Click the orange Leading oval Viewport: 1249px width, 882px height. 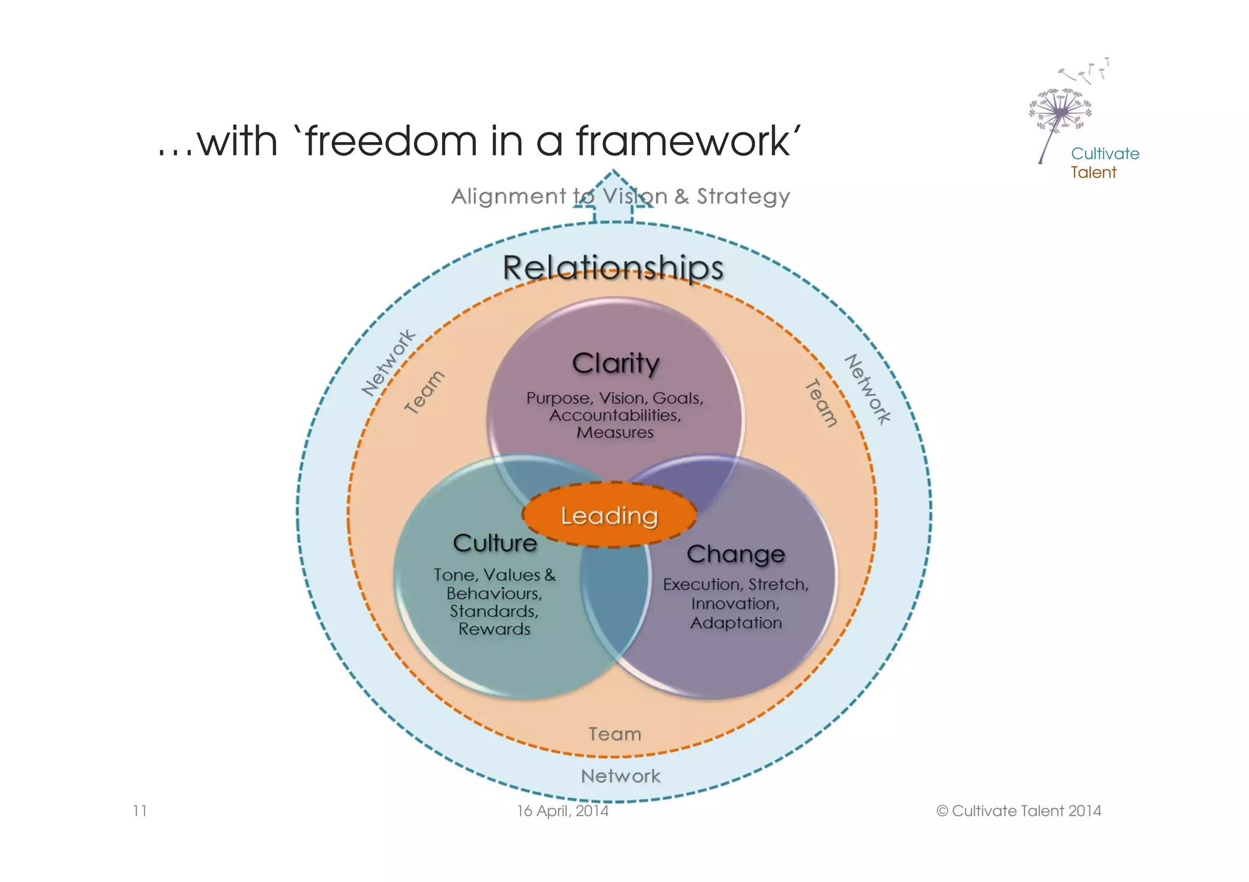pyautogui.click(x=609, y=516)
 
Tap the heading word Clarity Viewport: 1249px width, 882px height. pyautogui.click(x=615, y=364)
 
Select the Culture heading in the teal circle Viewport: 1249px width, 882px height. pyautogui.click(x=495, y=543)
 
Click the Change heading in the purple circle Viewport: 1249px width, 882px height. pyautogui.click(x=735, y=554)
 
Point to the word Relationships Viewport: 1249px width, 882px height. pyautogui.click(x=613, y=268)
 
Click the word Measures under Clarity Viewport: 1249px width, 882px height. pyautogui.click(x=615, y=433)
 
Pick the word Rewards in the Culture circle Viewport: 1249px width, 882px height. pyautogui.click(x=495, y=629)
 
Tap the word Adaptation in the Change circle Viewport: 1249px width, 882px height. pyautogui.click(x=736, y=623)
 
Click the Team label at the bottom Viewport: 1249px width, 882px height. pyautogui.click(x=615, y=734)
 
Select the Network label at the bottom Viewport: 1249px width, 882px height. pyautogui.click(x=620, y=776)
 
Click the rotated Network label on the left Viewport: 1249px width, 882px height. pyautogui.click(x=388, y=363)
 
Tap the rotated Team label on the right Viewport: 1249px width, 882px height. pyautogui.click(x=821, y=403)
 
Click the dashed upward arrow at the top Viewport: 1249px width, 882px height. pyautogui.click(x=613, y=198)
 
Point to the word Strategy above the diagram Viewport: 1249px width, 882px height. pyautogui.click(x=743, y=196)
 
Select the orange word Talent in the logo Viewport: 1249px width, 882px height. pyautogui.click(x=1093, y=172)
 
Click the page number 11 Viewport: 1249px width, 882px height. pyautogui.click(x=140, y=811)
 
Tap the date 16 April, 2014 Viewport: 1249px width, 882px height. pyautogui.click(x=562, y=811)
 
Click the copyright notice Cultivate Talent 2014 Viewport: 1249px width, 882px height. pyautogui.click(x=1018, y=811)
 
